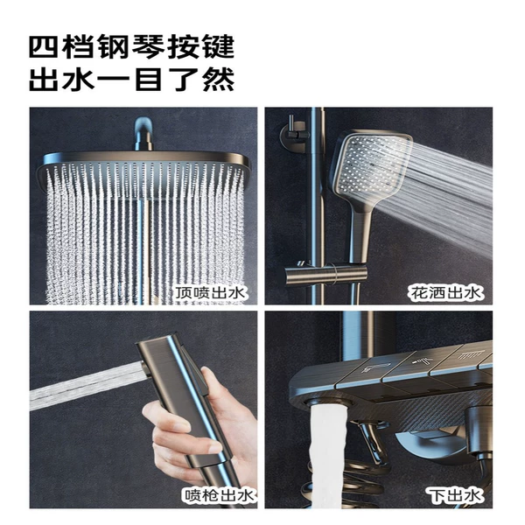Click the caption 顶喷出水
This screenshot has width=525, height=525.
pyautogui.click(x=211, y=293)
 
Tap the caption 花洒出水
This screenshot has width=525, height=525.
pyautogui.click(x=445, y=293)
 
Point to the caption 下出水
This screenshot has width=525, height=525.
pyautogui.click(x=455, y=495)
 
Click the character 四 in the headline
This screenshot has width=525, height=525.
pyautogui.click(x=45, y=47)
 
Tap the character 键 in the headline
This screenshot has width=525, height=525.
pyautogui.click(x=217, y=47)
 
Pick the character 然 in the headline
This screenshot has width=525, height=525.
pyautogui.click(x=217, y=79)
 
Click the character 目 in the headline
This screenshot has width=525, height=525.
pyautogui.click(x=149, y=79)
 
